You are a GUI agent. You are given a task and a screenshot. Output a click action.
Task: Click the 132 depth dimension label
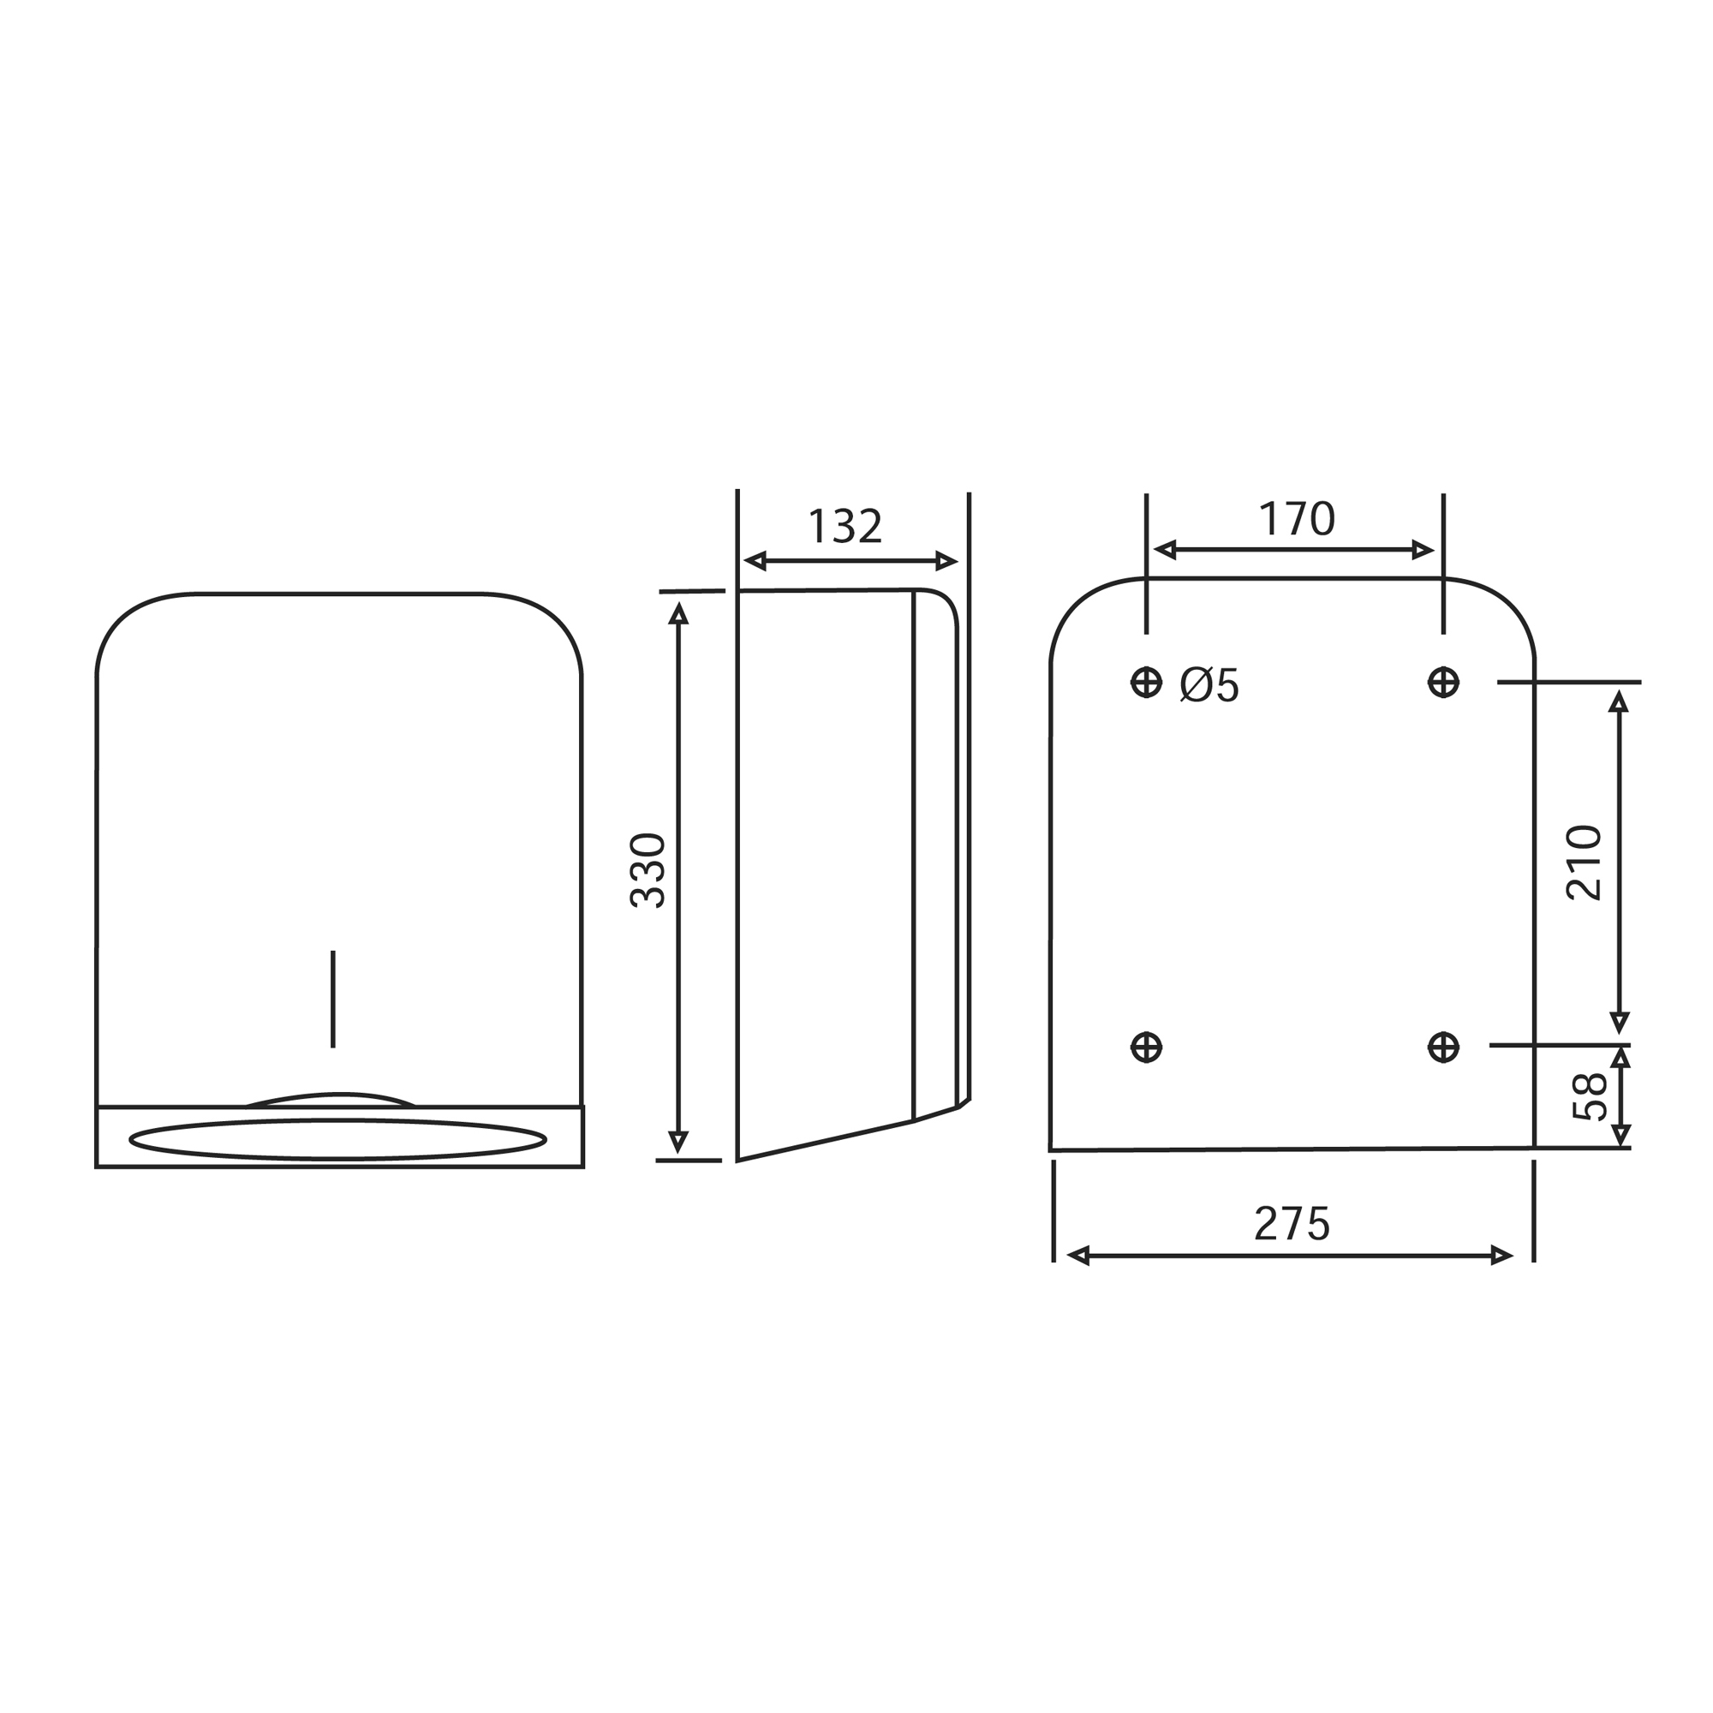[x=845, y=527]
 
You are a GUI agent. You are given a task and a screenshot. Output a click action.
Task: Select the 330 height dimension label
[x=648, y=871]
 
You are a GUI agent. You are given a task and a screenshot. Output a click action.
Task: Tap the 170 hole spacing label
[x=1296, y=519]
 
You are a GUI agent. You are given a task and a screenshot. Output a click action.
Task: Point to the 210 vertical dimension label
[x=1585, y=862]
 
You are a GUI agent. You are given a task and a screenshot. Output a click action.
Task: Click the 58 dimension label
[x=1590, y=1097]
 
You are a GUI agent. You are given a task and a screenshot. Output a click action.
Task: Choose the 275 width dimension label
[x=1292, y=1225]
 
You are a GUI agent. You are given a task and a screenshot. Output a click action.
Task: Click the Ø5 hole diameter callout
[x=1209, y=684]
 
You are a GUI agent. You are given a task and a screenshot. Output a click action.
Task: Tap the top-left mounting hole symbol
[x=1147, y=682]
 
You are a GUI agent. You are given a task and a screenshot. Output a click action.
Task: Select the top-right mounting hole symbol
[x=1443, y=682]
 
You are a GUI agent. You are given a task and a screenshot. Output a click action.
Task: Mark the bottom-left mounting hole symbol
[x=1147, y=1047]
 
